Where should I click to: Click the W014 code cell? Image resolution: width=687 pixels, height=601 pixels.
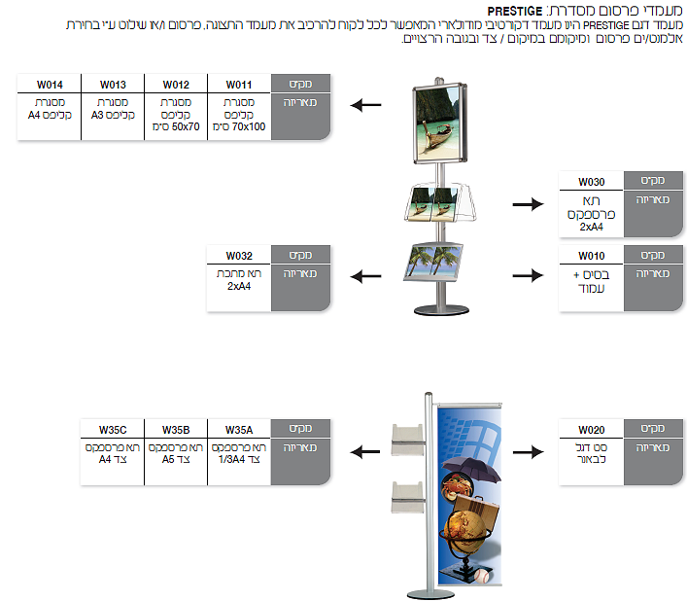[x=49, y=84]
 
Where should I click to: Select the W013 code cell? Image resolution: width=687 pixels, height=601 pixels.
[x=112, y=84]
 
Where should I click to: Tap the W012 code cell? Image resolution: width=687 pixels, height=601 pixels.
[x=176, y=84]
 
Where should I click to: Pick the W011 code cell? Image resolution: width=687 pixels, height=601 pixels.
[x=239, y=84]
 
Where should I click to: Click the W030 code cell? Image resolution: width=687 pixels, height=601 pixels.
[x=591, y=182]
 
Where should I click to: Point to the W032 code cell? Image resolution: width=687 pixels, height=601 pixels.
[x=238, y=256]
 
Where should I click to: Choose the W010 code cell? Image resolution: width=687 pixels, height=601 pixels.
[x=591, y=256]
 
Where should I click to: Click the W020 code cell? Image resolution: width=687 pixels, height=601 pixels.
[x=591, y=429]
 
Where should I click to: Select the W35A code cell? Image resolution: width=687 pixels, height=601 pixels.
[x=239, y=429]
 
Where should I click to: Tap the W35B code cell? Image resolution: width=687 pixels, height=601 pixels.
[x=176, y=429]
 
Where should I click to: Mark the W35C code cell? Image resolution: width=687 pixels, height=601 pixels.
[x=113, y=429]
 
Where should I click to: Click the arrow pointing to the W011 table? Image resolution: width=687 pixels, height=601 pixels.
[x=364, y=106]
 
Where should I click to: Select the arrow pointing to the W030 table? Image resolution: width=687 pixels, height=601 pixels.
[x=528, y=203]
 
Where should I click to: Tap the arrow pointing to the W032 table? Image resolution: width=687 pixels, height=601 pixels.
[x=364, y=276]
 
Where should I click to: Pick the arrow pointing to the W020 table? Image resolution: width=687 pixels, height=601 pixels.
[x=528, y=451]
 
